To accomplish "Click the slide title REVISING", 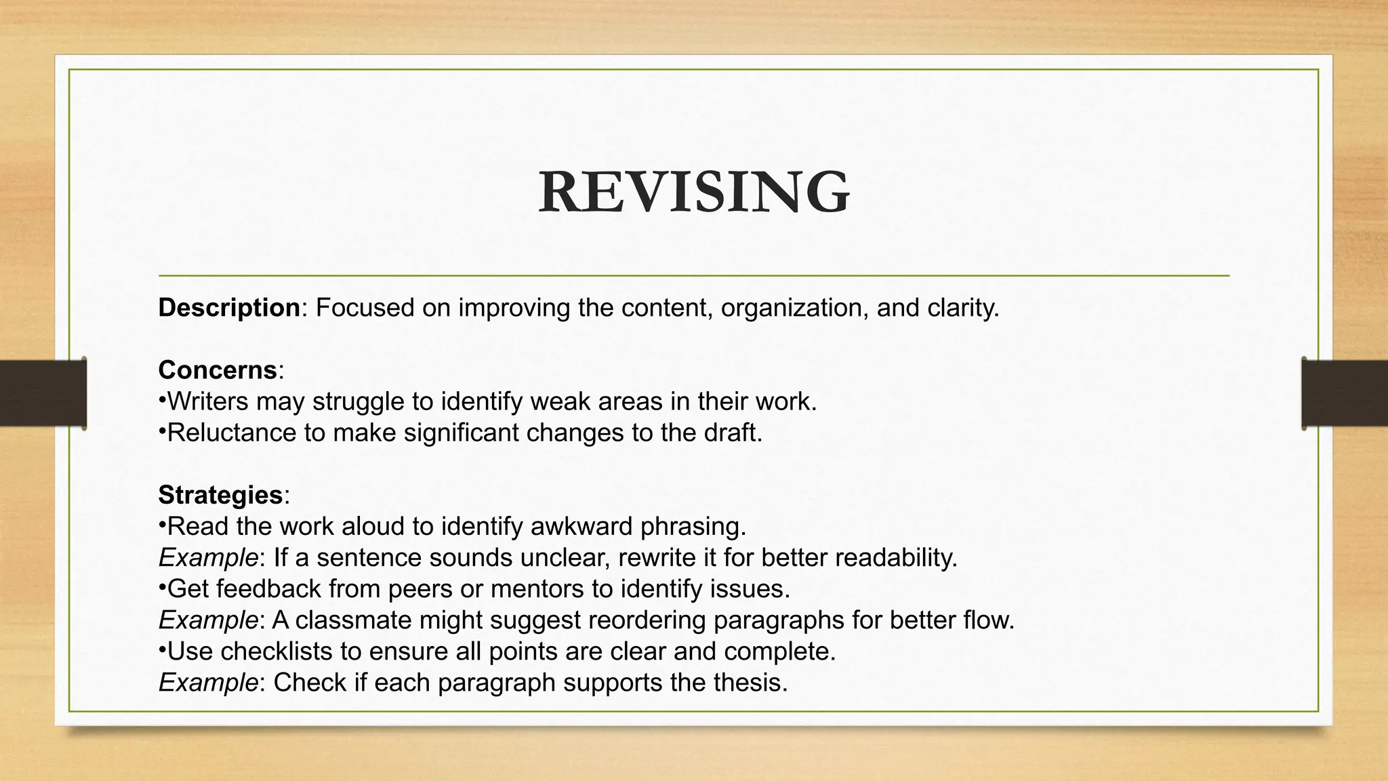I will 694,193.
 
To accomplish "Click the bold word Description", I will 229,308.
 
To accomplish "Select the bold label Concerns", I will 218,371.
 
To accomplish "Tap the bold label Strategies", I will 220,496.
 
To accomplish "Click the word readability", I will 896,558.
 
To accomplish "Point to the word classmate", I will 353,620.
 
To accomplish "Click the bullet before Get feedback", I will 163,587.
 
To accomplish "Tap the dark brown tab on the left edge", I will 43,393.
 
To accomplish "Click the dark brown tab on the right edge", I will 1345,393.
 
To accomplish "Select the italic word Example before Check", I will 208,683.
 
